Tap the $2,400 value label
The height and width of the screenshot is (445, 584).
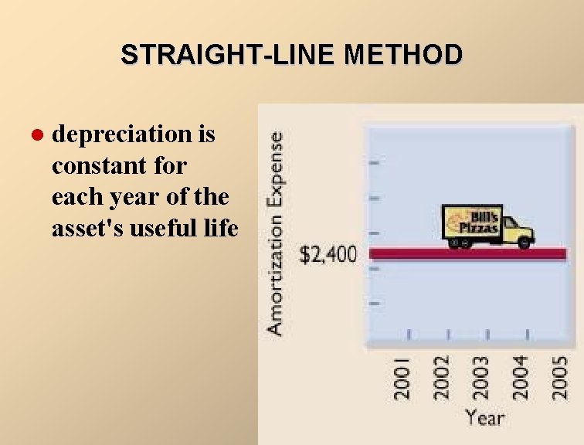pos(328,255)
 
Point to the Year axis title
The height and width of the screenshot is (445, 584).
pos(484,418)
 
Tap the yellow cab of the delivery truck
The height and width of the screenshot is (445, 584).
pos(514,229)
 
